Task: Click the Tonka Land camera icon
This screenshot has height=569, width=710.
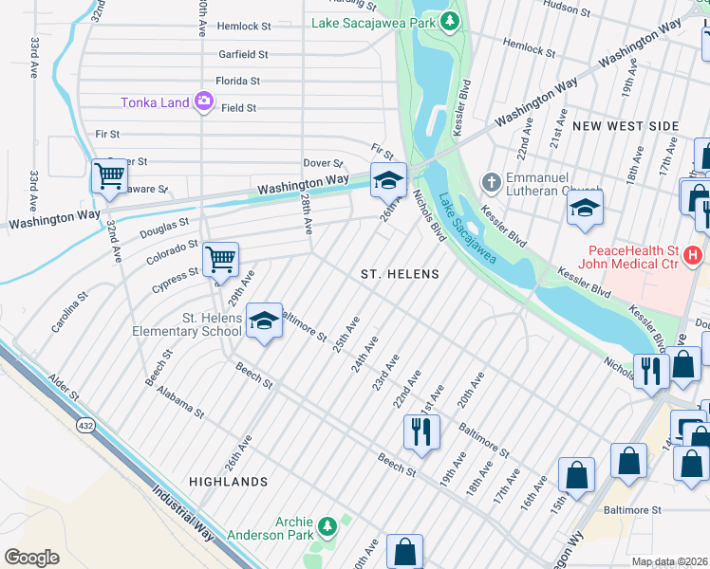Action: pyautogui.click(x=204, y=101)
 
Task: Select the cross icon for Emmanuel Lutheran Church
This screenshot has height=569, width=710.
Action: pyautogui.click(x=491, y=181)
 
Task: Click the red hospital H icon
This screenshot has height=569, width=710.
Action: pyautogui.click(x=693, y=255)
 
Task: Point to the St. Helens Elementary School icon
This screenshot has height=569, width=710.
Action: pyautogui.click(x=265, y=321)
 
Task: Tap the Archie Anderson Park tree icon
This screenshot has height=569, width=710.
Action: pyautogui.click(x=327, y=524)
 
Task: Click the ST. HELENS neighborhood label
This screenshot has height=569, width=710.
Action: pyautogui.click(x=400, y=274)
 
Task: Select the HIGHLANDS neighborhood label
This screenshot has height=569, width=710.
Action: pyautogui.click(x=228, y=482)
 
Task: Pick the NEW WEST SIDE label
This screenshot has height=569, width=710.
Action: pyautogui.click(x=626, y=126)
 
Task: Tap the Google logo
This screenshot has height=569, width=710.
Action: pyautogui.click(x=31, y=557)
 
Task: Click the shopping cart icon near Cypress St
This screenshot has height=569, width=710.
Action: pyautogui.click(x=220, y=258)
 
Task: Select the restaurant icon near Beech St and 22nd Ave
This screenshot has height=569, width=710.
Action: pyautogui.click(x=420, y=431)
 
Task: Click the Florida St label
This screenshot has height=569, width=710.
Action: pyautogui.click(x=237, y=82)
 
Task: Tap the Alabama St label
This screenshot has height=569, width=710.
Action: pyautogui.click(x=180, y=401)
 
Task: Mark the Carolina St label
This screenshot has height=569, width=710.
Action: pyautogui.click(x=69, y=312)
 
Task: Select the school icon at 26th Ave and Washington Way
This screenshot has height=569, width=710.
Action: pyautogui.click(x=387, y=179)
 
